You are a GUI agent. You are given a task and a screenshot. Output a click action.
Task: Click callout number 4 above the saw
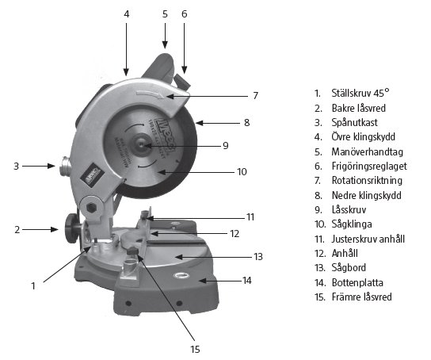[127, 13]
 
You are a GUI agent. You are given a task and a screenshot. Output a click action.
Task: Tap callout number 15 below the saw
[195, 349]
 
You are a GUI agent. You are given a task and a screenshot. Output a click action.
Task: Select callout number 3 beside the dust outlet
[16, 166]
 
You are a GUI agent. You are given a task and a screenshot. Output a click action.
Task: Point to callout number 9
[225, 145]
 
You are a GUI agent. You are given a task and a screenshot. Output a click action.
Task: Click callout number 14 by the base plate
[247, 281]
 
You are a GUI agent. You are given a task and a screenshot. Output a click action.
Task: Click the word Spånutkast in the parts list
[354, 123]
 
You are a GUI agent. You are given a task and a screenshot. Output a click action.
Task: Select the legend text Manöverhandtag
[368, 151]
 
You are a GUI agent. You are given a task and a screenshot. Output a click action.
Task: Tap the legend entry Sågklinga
[352, 224]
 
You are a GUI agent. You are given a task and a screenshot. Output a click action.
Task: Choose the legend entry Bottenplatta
[357, 282]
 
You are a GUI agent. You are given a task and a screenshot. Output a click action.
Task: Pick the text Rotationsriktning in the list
[367, 181]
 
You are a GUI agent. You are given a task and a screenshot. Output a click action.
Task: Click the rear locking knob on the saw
[73, 229]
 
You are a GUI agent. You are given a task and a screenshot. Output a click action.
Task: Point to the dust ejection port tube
[64, 166]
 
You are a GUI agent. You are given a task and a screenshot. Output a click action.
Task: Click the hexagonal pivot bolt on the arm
[91, 208]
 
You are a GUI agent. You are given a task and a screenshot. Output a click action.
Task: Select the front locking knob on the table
[133, 251]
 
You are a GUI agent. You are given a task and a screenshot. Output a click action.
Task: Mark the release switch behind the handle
[182, 81]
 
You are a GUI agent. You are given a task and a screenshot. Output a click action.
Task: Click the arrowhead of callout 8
[200, 123]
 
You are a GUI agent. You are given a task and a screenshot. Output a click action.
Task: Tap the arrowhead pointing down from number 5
[165, 44]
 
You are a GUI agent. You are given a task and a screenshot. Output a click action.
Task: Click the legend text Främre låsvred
[362, 297]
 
